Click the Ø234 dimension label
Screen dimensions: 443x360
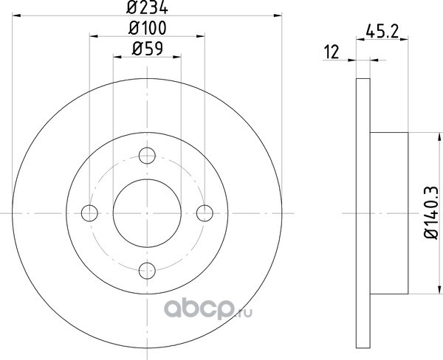(x=147, y=7)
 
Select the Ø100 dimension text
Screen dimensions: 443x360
(x=148, y=28)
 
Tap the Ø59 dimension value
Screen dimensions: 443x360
(x=148, y=49)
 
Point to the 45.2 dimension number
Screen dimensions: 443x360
(x=382, y=31)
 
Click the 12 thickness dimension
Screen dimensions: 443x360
(x=332, y=52)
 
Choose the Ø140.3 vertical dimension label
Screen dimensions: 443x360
(x=431, y=212)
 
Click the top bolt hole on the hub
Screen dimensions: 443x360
(x=147, y=156)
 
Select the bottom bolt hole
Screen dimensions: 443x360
(x=147, y=271)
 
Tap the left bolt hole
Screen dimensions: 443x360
(x=89, y=213)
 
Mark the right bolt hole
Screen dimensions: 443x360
(x=205, y=213)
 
